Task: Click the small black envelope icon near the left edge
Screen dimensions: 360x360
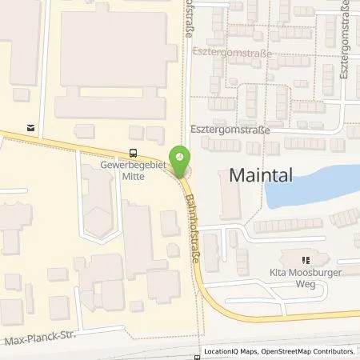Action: [x=30, y=126]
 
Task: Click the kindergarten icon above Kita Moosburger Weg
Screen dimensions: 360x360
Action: [x=304, y=259]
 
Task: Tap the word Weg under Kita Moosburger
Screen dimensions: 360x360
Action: [x=305, y=284]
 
